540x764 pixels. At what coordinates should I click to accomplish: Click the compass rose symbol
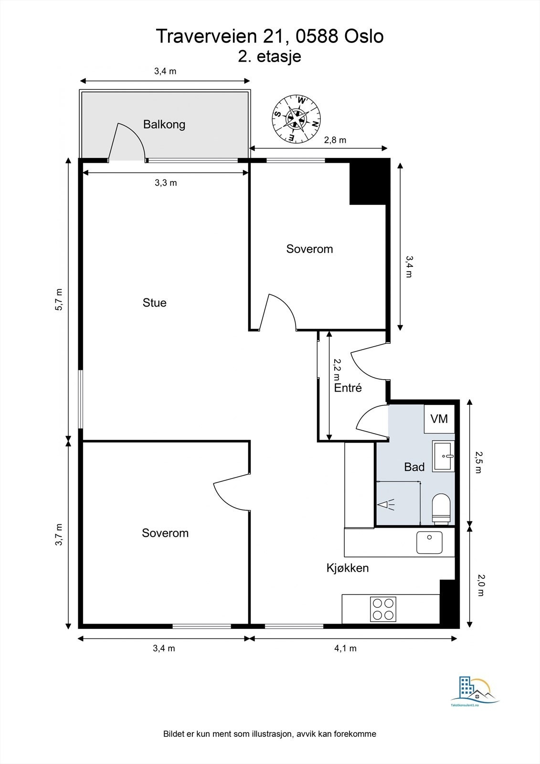coord(296,118)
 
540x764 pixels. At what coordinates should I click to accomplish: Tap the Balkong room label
coord(164,125)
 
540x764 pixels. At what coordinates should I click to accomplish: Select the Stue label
coord(155,303)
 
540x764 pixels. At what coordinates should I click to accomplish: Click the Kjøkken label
coord(348,568)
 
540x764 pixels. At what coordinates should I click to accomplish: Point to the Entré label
coord(348,388)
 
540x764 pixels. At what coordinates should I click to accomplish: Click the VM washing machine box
coord(439,419)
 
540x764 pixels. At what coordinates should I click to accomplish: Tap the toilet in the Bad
coord(441,509)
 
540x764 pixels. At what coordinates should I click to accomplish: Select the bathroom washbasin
coord(444,456)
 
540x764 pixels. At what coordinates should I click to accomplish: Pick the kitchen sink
coord(429,542)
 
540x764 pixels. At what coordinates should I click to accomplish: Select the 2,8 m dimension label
coord(335,140)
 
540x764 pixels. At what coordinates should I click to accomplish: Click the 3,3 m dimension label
coord(166,183)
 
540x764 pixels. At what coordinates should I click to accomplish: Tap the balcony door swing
coord(127,141)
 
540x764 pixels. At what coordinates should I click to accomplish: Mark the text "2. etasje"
coord(269,56)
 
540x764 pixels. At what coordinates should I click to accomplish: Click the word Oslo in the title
coord(364,36)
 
